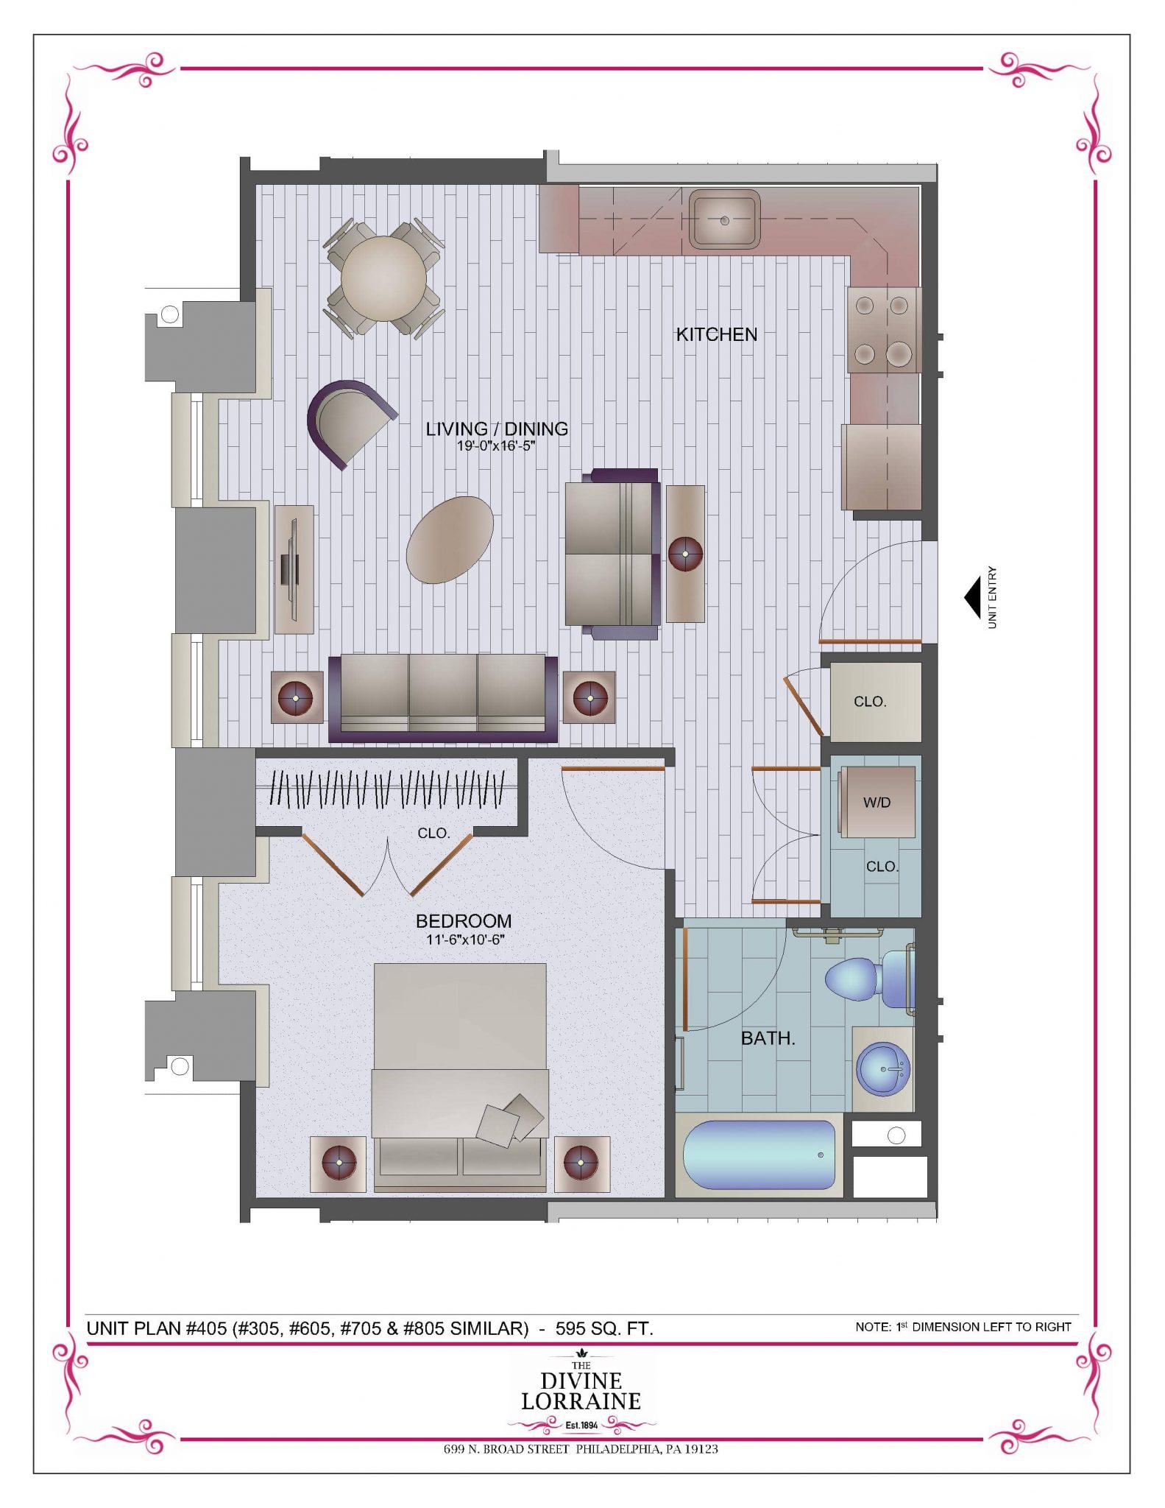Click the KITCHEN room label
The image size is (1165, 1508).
[x=716, y=334]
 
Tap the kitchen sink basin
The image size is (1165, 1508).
[x=724, y=219]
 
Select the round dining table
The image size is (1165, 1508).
[x=383, y=278]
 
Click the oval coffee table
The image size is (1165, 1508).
[x=450, y=540]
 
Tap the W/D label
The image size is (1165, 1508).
[x=877, y=803]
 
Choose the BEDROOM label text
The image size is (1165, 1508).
[x=464, y=921]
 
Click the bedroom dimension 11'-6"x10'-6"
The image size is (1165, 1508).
[x=464, y=940]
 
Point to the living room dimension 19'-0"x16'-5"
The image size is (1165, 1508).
[x=496, y=445]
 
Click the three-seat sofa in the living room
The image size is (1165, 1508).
[x=443, y=698]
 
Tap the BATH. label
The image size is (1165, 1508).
[x=768, y=1038]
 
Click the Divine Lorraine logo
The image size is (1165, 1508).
[x=581, y=1394]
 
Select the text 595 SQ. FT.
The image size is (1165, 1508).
[x=604, y=1328]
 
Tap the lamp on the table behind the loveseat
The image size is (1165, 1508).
[x=685, y=553]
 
